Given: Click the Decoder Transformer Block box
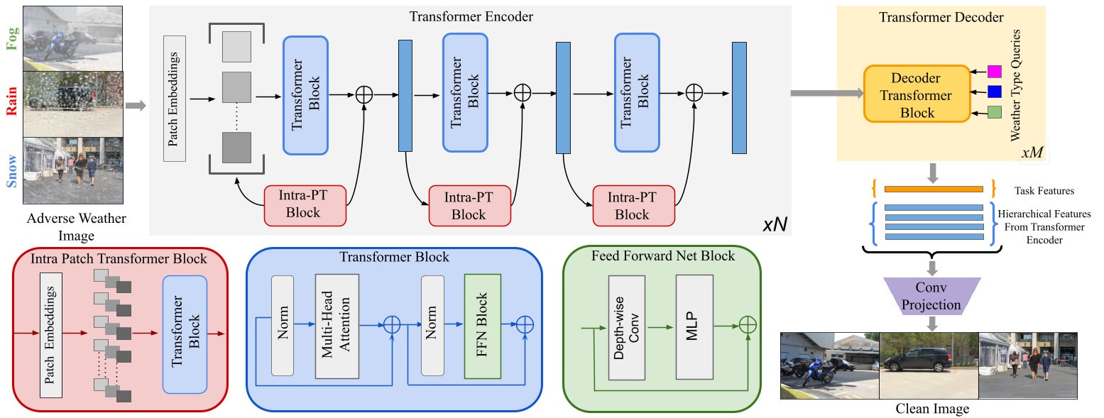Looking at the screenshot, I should coord(916,94).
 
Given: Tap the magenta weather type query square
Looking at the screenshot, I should coord(994,71).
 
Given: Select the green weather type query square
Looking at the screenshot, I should coord(994,111).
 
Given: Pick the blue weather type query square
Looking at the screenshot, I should coord(994,91).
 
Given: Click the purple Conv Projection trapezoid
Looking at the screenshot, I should coord(931,297).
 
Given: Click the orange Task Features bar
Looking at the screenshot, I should coord(933,189).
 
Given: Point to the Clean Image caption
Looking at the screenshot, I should coord(931,409).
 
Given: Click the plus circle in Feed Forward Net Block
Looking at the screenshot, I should coord(746,324).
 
